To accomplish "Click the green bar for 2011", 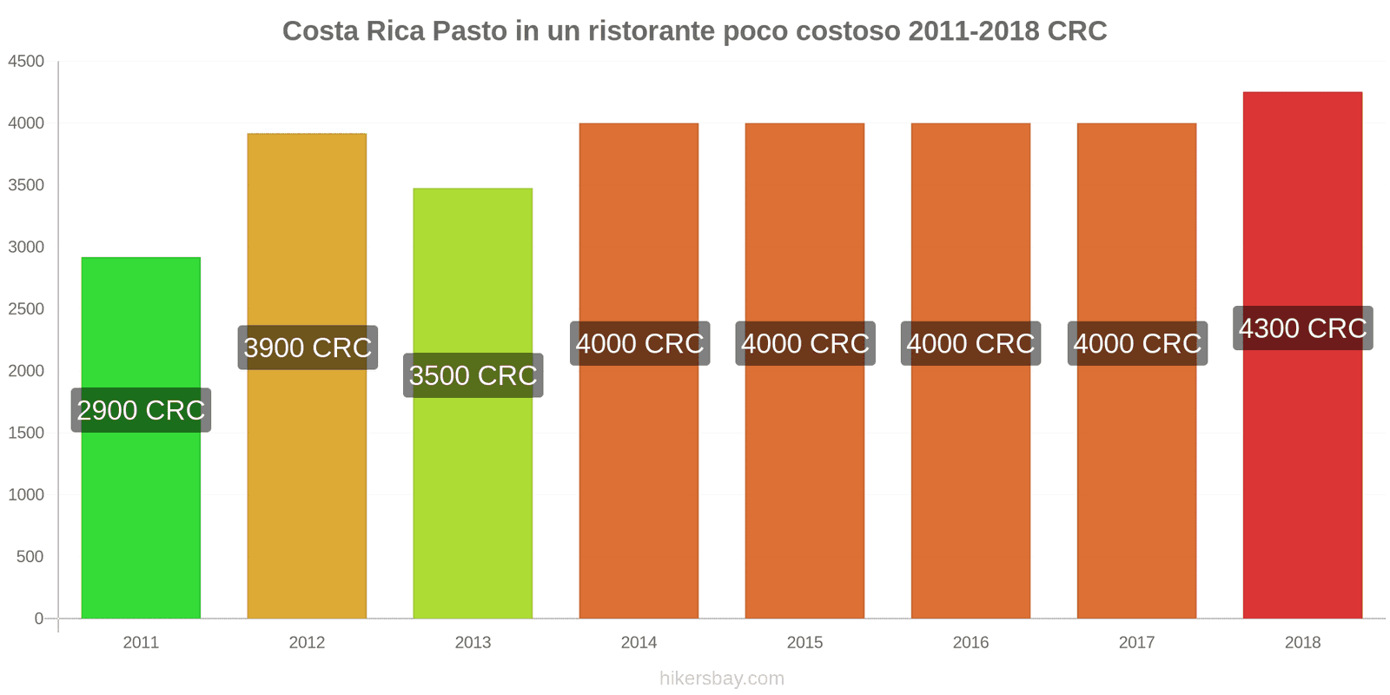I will (x=141, y=521).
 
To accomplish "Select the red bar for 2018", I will (x=1302, y=478).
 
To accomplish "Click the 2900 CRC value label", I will (x=141, y=410).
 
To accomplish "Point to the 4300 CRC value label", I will (x=1302, y=328).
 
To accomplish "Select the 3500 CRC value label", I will (x=473, y=375).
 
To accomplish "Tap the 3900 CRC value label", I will (x=308, y=347).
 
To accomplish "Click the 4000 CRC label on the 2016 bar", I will (x=970, y=343).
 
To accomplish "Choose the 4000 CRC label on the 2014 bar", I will (x=639, y=343).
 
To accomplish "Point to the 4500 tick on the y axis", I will (x=26, y=62).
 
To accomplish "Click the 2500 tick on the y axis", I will (x=26, y=309).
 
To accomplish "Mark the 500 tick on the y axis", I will (x=30, y=557).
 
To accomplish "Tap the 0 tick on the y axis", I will (x=38, y=619).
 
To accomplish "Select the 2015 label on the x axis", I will (x=804, y=643).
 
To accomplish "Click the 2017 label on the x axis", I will (x=1136, y=643).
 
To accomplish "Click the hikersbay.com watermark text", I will (x=721, y=678).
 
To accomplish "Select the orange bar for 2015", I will (x=804, y=504).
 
